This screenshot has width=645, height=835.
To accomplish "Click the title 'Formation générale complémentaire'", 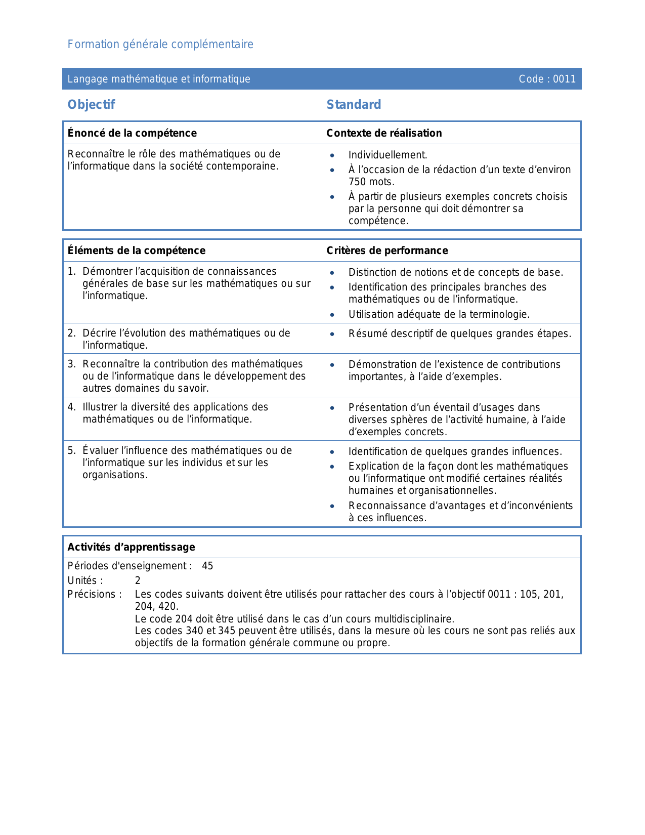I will point(160,45).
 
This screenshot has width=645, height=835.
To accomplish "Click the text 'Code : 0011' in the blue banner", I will point(547,79).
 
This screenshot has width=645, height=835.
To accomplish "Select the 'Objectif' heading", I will point(92,105).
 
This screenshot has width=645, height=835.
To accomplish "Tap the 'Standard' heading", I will point(354,105).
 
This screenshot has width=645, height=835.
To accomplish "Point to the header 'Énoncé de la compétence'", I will point(132,133).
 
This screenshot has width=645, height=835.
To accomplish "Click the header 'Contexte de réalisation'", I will point(384,133).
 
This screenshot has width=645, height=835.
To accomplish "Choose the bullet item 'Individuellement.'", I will point(388,155).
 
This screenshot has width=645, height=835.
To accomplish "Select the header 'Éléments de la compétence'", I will point(137,251).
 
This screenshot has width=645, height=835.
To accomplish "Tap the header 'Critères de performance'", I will point(387,251).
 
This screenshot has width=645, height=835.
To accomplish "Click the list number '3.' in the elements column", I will point(71,364).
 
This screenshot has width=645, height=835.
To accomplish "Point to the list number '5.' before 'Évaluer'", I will point(71,451).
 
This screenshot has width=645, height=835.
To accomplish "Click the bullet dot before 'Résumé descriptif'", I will point(332,334).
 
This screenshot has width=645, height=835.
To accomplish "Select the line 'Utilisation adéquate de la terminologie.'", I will point(439,315).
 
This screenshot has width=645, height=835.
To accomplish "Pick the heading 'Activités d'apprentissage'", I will point(132,547).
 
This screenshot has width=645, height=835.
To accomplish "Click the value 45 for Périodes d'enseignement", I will point(207,566).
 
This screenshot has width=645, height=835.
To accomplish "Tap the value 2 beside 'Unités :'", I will point(138,581).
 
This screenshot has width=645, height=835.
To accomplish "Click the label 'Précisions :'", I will point(95,595).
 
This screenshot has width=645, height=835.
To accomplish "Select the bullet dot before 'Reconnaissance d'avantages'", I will point(332,506).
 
